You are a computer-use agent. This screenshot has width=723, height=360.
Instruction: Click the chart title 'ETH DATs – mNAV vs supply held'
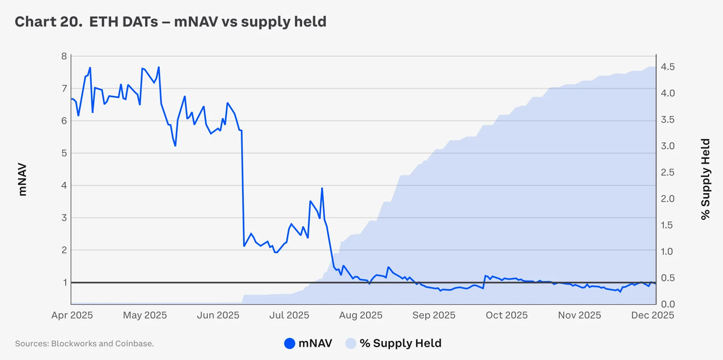[208, 22]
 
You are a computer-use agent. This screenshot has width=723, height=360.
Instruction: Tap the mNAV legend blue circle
[289, 343]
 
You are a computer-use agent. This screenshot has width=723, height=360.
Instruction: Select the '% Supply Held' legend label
[400, 343]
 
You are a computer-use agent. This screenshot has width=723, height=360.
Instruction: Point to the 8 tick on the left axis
[64, 56]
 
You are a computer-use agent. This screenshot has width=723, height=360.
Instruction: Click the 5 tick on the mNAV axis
[64, 153]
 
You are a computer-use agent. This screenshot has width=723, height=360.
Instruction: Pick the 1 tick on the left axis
[65, 282]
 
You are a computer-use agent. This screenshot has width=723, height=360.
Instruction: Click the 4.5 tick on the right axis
[667, 67]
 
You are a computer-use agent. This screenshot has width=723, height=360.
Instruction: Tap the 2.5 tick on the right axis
[667, 172]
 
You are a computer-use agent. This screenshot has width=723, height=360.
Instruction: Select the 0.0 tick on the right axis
[667, 304]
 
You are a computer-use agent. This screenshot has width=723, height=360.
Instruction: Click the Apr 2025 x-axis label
[72, 315]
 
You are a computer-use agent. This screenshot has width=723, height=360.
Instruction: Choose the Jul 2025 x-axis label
[289, 315]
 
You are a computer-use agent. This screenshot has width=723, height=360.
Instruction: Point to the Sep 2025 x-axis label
[434, 315]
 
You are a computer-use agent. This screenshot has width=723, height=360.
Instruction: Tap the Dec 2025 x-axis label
[652, 315]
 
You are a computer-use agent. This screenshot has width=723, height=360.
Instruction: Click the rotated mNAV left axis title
[22, 180]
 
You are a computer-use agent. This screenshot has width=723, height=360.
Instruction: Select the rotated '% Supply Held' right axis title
[705, 179]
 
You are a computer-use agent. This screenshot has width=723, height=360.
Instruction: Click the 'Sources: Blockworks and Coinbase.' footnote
[84, 344]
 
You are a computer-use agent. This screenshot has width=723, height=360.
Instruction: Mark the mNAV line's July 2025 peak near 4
[322, 188]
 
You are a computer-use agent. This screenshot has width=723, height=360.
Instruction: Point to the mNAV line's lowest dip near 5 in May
[175, 146]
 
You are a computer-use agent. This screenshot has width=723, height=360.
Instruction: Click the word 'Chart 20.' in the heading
[49, 22]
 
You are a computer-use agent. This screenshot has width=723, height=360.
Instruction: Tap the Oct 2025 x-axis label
[506, 315]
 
